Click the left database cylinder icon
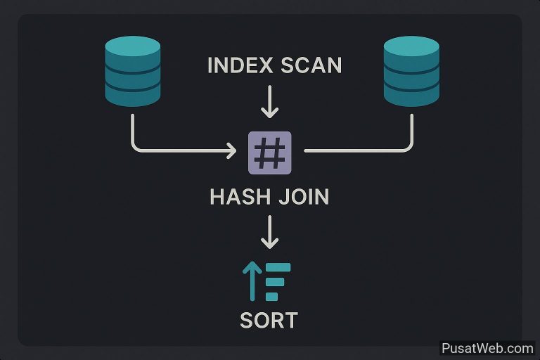[133, 71]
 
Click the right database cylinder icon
[411, 71]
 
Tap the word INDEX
[240, 65]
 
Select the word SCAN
[311, 65]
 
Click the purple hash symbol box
[270, 153]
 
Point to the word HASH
[240, 197]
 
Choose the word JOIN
[304, 197]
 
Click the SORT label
[269, 321]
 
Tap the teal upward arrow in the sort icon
[252, 281]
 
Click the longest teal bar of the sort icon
[278, 267]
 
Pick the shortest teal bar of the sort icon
[271, 296]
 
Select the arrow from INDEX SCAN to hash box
[270, 102]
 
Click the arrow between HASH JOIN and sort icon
[270, 232]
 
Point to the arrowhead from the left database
[231, 150]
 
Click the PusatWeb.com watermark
[487, 348]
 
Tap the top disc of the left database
[133, 46]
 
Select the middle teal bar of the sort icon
[275, 282]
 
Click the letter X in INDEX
[265, 65]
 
